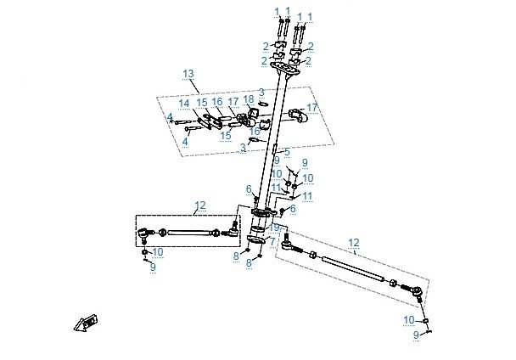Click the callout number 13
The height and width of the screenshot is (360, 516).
coord(188,74)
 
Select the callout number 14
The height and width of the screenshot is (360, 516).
coord(184,104)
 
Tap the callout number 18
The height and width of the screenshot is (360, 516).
coord(249,98)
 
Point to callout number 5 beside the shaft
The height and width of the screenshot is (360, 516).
coord(287,152)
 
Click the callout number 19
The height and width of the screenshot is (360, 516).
coord(274,228)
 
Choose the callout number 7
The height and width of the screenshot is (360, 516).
coord(272,242)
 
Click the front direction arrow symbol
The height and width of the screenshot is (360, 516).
coord(86,323)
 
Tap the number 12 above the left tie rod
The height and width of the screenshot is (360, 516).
coord(200,205)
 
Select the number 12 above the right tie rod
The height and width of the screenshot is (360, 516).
coord(354,243)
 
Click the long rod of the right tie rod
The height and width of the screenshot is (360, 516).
coord(353,269)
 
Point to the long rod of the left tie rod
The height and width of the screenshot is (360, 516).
coord(188,233)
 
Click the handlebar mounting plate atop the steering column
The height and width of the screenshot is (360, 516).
coord(285,69)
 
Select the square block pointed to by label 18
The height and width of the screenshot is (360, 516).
coord(254,113)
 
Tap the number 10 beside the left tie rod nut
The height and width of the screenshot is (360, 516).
coord(158,252)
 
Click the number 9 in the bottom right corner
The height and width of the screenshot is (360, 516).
coord(416,335)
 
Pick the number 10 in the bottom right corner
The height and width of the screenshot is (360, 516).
coord(409,320)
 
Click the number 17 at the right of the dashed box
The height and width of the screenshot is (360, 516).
coord(312,107)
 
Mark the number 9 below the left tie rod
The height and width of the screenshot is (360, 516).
coord(153,267)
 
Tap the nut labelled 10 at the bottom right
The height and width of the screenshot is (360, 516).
coord(425,320)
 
